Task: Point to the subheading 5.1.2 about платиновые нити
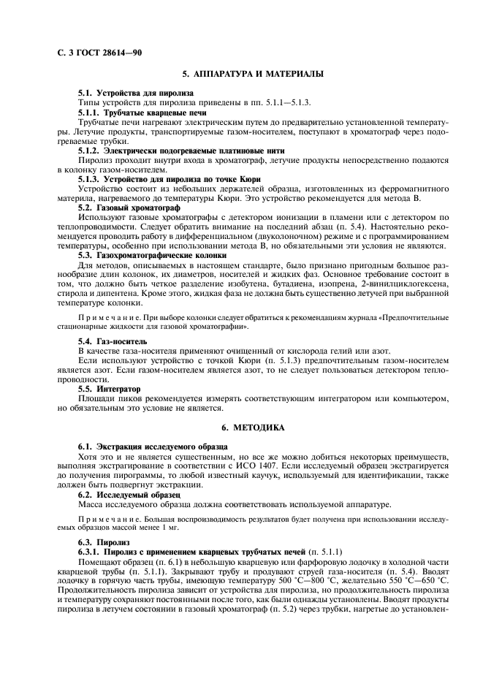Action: pos(165,150)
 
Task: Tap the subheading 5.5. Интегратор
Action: pos(109,389)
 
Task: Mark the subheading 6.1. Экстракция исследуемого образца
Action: pos(152,445)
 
